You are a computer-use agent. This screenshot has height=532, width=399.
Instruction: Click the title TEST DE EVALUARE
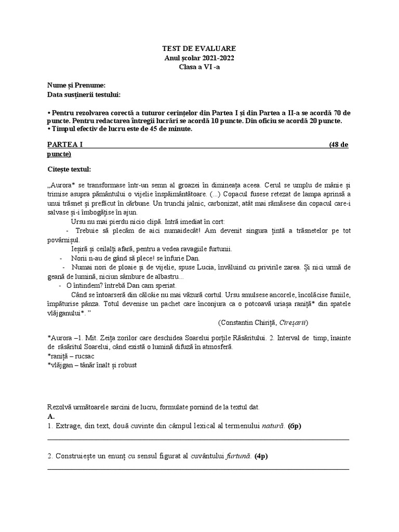[x=199, y=48]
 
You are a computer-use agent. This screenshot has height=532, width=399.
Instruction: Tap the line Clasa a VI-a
[x=199, y=67]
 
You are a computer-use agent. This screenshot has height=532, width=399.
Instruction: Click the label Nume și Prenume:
[x=76, y=86]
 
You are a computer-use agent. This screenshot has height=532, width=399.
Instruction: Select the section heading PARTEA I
[x=65, y=144]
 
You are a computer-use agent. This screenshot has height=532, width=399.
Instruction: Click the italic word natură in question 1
[x=272, y=426]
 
